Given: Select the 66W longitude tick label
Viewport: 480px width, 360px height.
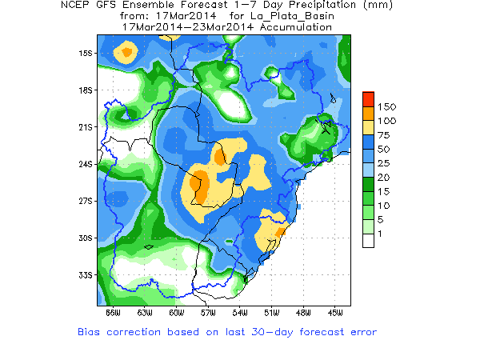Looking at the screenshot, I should (x=112, y=311).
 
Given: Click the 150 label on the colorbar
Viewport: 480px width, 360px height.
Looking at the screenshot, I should (x=386, y=106).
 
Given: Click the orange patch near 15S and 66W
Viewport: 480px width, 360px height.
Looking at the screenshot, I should (x=126, y=53).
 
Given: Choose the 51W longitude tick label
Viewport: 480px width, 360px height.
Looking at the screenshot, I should (x=270, y=311).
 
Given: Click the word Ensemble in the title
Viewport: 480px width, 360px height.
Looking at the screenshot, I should (x=157, y=6).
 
